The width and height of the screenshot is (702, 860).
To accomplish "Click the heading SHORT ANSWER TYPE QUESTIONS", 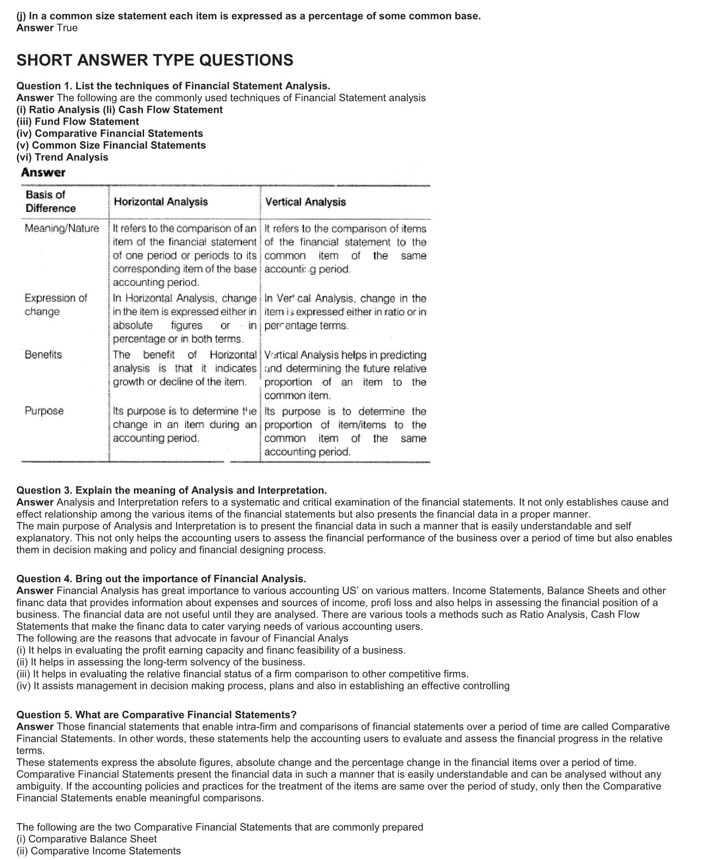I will tap(155, 60).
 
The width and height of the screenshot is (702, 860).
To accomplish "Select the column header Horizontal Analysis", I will tap(161, 202).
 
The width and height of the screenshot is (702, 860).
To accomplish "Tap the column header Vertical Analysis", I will tap(306, 202).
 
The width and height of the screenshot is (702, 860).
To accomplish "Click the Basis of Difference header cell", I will tap(50, 201).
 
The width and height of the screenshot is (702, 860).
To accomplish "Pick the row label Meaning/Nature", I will tap(62, 228).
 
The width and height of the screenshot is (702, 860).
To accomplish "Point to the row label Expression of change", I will tap(56, 304).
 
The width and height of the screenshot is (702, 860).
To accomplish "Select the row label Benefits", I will tap(43, 355).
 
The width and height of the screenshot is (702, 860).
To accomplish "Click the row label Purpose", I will tap(44, 411).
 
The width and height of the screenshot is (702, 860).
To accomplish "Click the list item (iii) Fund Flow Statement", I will tap(78, 121).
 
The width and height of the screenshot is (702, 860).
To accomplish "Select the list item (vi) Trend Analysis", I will tap(62, 157).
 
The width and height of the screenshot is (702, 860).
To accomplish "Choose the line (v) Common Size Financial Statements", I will tap(111, 145).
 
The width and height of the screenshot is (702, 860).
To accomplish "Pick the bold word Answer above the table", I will tap(43, 173).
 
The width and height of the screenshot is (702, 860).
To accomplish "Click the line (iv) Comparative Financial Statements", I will tap(109, 133).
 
